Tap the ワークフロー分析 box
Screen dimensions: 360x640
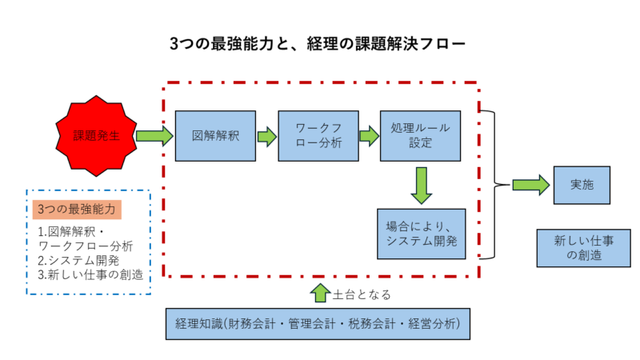coord(318,136)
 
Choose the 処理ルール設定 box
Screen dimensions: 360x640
coord(421,136)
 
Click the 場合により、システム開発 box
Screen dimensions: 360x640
coord(421,232)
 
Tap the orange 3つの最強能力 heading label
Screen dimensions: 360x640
coord(78,210)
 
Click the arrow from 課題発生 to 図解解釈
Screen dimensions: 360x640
coord(154,136)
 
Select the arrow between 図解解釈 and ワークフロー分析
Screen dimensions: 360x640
coord(266,136)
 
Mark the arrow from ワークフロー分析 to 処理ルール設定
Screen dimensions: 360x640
coord(369,136)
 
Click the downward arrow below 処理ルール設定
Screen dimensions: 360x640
coord(421,186)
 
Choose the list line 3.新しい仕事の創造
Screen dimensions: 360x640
coord(90,274)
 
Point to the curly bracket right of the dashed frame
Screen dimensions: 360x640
coord(490,185)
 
